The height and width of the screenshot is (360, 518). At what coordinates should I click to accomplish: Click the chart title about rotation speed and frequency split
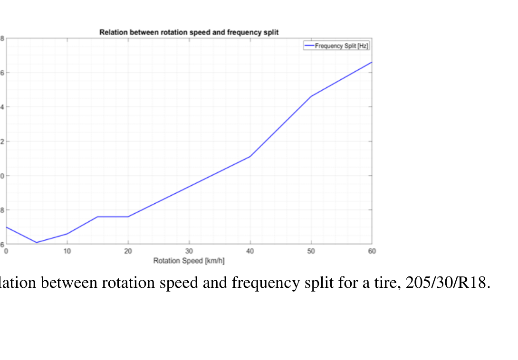(x=189, y=32)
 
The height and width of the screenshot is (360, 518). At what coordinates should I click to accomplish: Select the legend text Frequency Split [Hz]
(x=342, y=46)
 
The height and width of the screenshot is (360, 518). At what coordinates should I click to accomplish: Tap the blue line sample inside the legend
(x=309, y=46)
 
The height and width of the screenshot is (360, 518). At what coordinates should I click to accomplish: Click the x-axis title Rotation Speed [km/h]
(x=189, y=261)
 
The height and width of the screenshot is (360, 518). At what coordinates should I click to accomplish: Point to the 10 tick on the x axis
(x=67, y=251)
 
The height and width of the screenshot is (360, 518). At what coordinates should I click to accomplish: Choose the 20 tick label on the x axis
(x=128, y=251)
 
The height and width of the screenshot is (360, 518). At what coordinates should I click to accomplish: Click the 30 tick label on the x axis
(x=189, y=251)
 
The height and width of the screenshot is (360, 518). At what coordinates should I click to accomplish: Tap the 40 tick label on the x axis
(x=250, y=251)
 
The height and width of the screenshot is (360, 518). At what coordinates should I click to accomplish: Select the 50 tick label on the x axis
(x=311, y=251)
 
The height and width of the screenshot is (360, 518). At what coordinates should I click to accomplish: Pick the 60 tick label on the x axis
(x=372, y=251)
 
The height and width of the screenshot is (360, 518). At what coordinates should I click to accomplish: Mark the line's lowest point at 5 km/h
(x=37, y=243)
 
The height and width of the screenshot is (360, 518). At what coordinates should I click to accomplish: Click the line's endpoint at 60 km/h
(x=372, y=62)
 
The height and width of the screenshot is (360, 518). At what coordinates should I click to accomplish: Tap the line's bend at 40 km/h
(x=250, y=156)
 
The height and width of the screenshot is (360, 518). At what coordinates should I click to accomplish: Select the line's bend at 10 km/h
(x=67, y=234)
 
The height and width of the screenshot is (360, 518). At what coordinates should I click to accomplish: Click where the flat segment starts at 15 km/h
(x=97, y=217)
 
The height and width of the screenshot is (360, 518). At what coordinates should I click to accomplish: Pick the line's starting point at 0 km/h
(x=6, y=227)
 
